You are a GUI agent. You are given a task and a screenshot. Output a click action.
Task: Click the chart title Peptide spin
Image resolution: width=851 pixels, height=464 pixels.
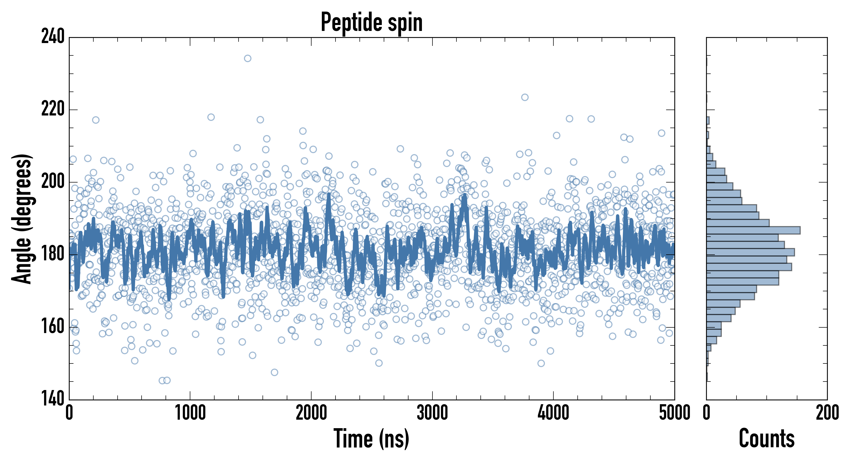point(372,22)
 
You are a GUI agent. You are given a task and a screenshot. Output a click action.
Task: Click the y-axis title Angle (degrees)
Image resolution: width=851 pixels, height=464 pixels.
point(22,219)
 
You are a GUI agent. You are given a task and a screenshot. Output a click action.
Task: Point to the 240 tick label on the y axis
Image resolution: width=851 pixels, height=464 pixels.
point(53,37)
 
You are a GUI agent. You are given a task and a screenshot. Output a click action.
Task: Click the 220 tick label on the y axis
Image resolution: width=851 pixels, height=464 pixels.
point(53,109)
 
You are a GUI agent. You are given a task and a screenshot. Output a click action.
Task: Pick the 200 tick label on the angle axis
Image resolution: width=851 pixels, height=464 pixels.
point(53,182)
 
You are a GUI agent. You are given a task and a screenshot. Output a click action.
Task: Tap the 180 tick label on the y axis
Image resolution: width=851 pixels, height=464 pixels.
point(53,254)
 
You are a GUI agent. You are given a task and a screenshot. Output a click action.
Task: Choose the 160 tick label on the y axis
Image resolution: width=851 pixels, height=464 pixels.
point(53,327)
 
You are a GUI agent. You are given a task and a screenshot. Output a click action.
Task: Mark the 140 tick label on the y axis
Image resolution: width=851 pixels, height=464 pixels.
point(53,399)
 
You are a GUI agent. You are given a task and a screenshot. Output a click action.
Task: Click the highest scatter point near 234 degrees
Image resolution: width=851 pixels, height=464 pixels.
point(248,59)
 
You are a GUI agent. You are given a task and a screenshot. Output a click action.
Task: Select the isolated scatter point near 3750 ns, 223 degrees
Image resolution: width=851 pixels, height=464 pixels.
point(525,97)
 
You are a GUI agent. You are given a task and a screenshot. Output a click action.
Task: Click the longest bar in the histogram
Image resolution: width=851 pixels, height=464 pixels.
point(753,230)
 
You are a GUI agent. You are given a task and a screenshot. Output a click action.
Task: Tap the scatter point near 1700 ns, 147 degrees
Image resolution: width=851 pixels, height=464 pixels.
point(274,372)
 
